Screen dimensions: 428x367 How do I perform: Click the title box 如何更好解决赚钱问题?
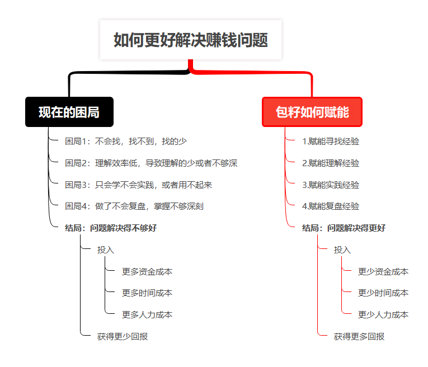tap(191, 40)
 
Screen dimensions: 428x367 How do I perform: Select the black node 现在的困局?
tap(69, 112)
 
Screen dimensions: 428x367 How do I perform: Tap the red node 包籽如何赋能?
tap(312, 112)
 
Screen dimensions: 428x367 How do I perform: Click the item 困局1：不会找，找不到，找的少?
tap(126, 142)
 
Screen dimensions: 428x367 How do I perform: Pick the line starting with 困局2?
tap(151, 163)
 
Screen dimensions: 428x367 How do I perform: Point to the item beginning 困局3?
tap(138, 185)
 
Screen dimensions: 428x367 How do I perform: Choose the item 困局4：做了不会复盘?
tap(134, 206)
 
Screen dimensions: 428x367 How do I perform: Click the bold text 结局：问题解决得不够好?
tap(111, 228)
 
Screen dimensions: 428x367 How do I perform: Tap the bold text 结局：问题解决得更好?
tap(344, 228)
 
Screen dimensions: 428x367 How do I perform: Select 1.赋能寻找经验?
tap(331, 142)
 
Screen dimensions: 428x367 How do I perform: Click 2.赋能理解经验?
tap(331, 163)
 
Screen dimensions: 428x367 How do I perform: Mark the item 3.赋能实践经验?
tap(331, 185)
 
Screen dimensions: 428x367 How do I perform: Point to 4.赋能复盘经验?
tap(331, 206)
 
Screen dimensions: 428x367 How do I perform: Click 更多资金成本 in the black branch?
tap(147, 271)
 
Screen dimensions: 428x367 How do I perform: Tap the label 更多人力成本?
tap(147, 314)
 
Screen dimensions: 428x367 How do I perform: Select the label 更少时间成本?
tap(383, 293)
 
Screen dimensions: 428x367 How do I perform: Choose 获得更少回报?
tap(123, 336)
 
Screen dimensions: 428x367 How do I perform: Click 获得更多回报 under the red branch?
tap(359, 336)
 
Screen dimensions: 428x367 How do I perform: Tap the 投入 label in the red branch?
tap(342, 250)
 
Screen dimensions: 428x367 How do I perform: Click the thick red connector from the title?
tap(251, 73)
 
